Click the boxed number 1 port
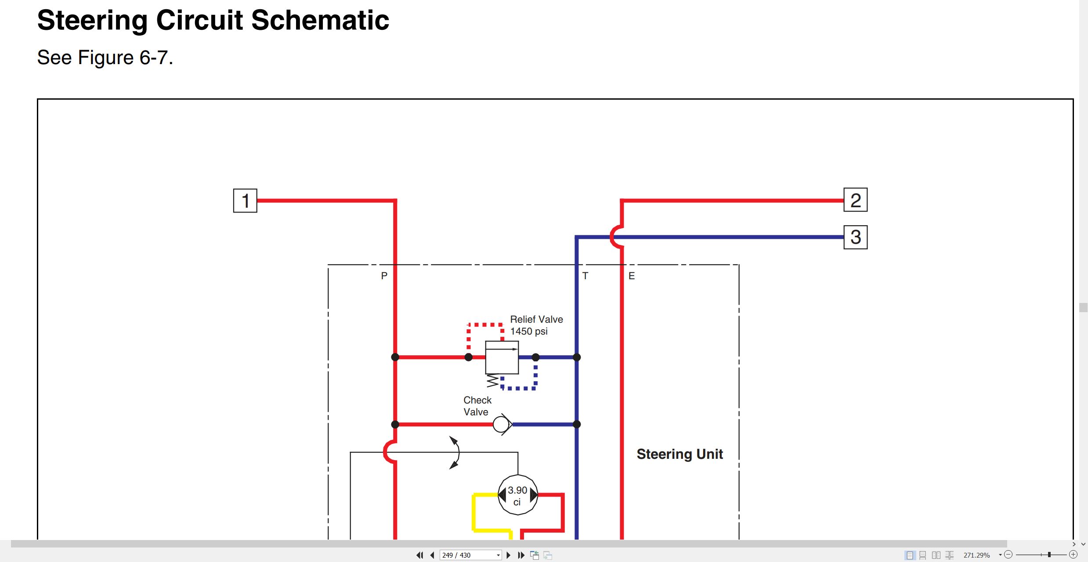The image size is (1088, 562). click(245, 201)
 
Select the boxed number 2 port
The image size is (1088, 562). click(856, 200)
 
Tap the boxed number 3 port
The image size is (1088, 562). click(856, 237)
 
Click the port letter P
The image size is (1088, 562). click(384, 276)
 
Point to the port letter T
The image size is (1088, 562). click(585, 276)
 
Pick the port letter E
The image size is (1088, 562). click(632, 276)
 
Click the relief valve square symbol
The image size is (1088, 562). click(502, 357)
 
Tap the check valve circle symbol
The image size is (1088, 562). click(501, 425)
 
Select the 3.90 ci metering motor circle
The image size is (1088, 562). click(518, 495)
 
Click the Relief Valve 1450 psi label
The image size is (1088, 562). click(536, 325)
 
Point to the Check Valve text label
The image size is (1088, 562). click(477, 406)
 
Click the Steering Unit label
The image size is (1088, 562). click(680, 454)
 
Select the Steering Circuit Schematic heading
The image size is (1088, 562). click(213, 20)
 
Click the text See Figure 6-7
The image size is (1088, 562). click(105, 58)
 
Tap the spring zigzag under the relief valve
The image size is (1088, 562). click(493, 381)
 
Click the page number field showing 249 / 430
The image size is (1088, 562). click(470, 555)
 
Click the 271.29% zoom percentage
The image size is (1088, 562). click(976, 555)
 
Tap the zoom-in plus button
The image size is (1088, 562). click(1073, 555)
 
